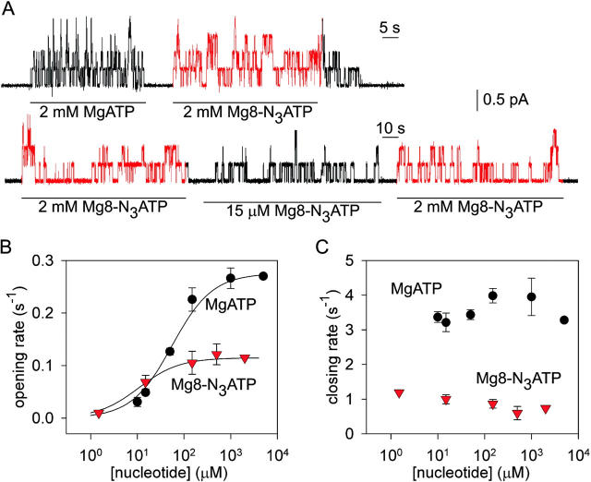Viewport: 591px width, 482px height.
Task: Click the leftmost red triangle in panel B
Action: pos(98,413)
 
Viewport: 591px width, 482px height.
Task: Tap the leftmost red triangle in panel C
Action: pos(399,393)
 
